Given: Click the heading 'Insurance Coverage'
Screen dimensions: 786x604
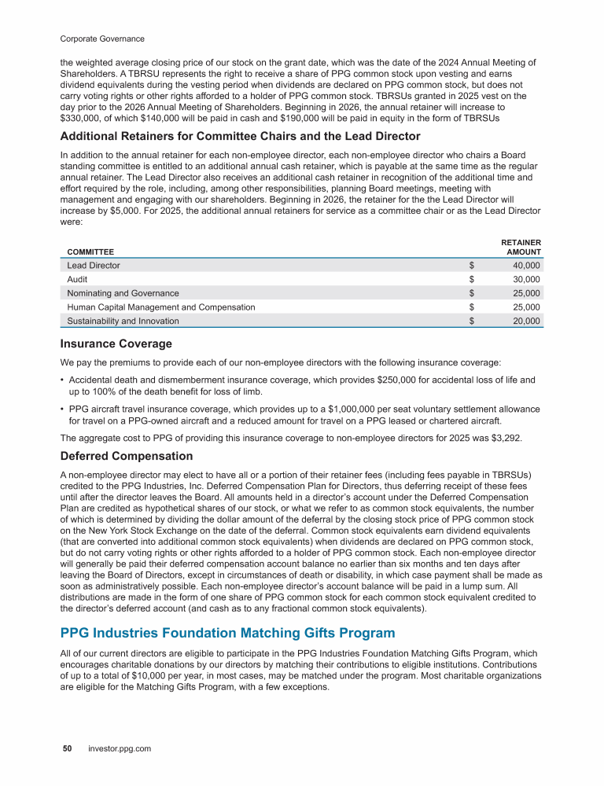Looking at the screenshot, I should tap(116, 343).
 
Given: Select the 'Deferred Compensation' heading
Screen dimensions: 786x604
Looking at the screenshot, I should tap(126, 456).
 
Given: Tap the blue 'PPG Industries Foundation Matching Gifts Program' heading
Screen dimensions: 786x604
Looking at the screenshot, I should tap(227, 633).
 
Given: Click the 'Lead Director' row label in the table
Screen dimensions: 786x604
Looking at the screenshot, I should tap(94, 266).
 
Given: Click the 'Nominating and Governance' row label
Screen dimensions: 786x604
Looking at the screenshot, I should tap(123, 293).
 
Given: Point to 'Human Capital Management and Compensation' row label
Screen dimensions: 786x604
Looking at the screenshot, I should tap(161, 307).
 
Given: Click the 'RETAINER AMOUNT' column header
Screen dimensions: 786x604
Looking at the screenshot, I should tap(521, 247).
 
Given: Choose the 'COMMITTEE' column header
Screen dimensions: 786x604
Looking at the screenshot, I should tap(87, 252).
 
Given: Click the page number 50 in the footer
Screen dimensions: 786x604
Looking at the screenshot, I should tap(68, 749).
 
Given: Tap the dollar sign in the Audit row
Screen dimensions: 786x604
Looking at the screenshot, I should tap(472, 279).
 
